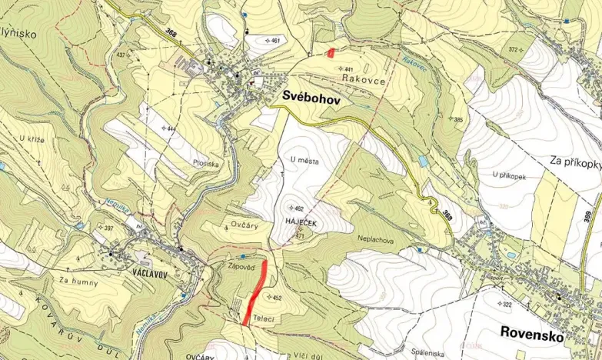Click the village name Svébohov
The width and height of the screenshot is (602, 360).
pos(311,97)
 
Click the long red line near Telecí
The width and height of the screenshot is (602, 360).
pos(255,293)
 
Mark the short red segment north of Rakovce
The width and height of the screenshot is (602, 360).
pos(331,53)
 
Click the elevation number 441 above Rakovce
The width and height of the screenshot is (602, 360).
pos(349,69)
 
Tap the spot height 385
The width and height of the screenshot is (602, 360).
pos(458,120)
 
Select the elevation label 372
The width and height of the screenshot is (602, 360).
pos(534,49)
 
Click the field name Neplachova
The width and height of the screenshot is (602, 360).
pos(376,239)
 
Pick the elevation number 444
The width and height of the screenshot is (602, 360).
pos(171,128)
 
